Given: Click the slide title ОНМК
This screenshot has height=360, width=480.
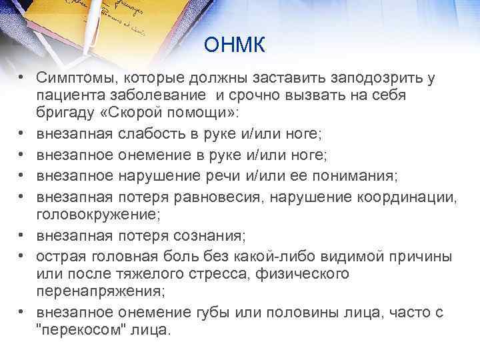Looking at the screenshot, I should pos(235,45).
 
